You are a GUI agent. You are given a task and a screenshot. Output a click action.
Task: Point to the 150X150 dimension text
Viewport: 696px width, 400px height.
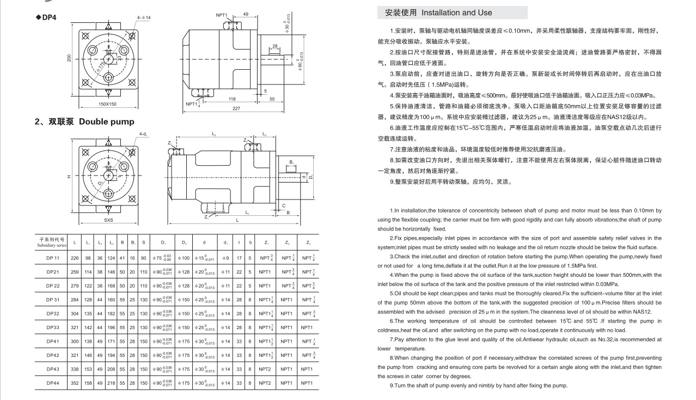tap(107, 104)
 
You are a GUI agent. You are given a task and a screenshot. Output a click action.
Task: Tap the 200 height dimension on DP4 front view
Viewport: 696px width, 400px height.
tap(70, 57)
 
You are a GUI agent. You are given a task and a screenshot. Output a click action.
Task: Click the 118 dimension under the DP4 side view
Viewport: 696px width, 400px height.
tap(232, 99)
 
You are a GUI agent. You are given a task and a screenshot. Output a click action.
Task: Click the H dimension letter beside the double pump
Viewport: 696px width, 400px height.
tap(69, 175)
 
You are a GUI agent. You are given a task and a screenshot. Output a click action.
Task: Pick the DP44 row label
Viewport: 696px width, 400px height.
tap(52, 383)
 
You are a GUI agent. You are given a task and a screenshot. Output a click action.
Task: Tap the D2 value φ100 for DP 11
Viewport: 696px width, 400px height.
tap(184, 257)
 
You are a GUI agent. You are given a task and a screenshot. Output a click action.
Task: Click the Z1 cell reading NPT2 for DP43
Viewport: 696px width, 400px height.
tap(265, 369)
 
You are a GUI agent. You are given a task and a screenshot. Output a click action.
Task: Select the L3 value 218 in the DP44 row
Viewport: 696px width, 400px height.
tap(111, 383)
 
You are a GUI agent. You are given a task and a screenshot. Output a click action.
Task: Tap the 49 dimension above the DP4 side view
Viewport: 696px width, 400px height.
tap(246, 14)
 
